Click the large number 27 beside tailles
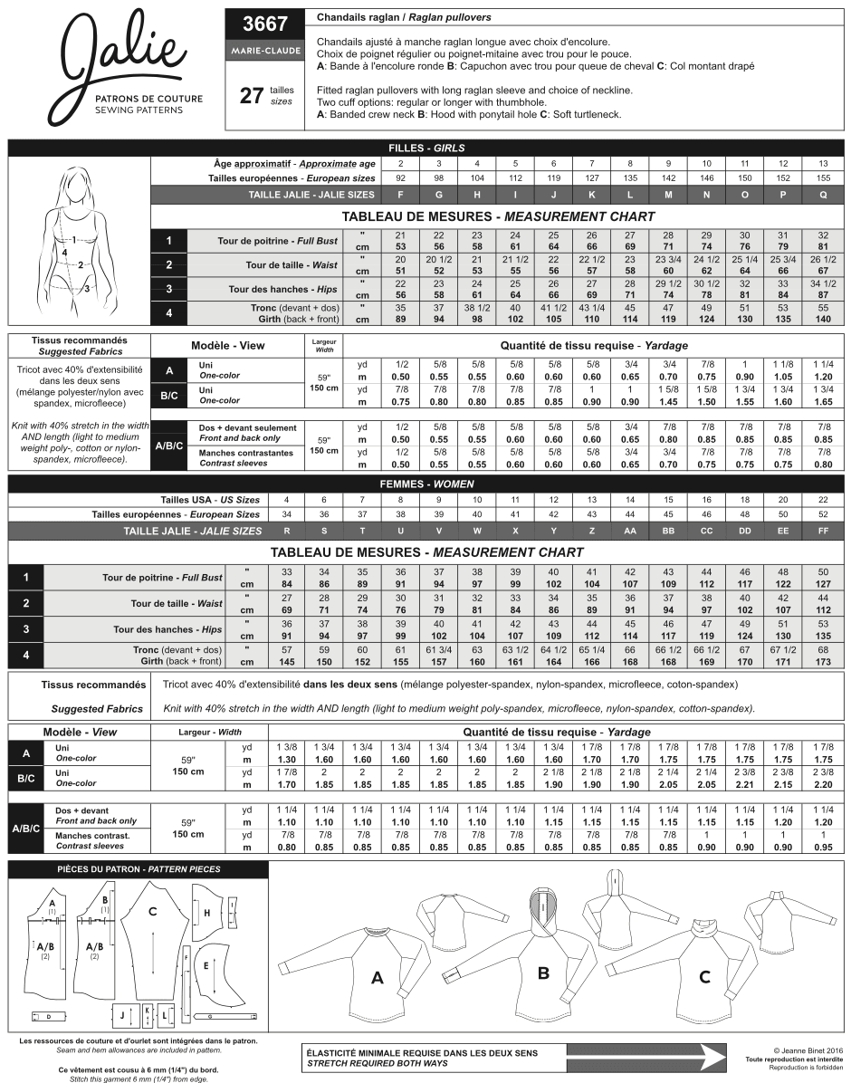pos(251,95)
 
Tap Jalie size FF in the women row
pos(822,531)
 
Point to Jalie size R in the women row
pos(286,531)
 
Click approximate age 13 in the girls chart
pos(822,163)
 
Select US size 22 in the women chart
pos(822,499)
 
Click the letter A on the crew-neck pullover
pos(378,978)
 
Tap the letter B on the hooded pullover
pos(543,973)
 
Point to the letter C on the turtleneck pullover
pos(704,977)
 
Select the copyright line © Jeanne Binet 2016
pos(794,1051)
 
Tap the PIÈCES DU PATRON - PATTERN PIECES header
pos(138,869)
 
